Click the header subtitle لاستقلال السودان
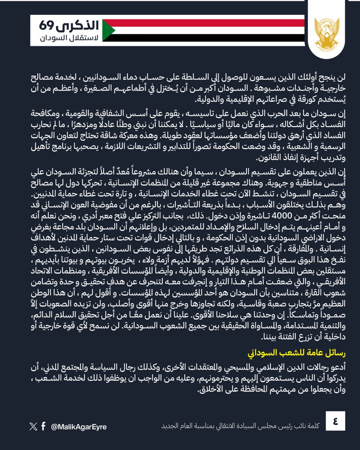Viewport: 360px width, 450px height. [66, 39]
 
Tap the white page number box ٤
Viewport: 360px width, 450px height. [335, 421]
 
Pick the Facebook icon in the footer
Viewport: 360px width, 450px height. [44, 426]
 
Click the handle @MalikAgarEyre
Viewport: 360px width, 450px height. [79, 427]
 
